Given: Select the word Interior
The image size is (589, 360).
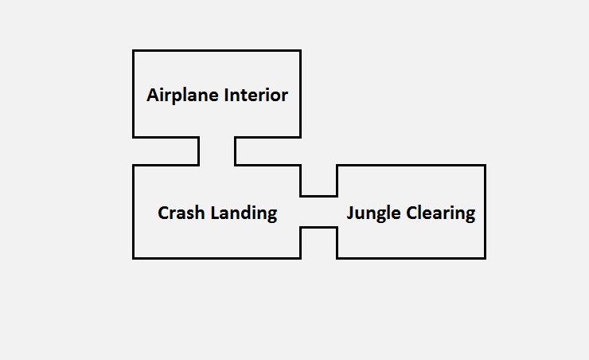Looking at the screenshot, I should (x=255, y=96).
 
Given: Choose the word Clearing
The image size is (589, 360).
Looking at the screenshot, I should (x=441, y=213).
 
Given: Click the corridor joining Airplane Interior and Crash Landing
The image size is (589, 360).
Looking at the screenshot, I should (x=216, y=151).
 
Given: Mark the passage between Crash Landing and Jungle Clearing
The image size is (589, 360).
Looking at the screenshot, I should (x=318, y=211).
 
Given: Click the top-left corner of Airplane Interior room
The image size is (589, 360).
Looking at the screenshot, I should (x=134, y=51).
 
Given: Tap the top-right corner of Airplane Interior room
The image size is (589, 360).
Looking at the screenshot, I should (x=300, y=51).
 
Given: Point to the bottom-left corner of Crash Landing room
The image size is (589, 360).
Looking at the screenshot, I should (x=134, y=257).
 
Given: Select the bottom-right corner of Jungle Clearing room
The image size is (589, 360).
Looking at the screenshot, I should (x=484, y=257).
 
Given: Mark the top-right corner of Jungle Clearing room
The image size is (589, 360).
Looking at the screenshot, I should (x=484, y=166).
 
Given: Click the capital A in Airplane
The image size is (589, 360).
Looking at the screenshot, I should (x=153, y=96).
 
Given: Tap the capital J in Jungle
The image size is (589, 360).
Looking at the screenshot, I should (x=350, y=213).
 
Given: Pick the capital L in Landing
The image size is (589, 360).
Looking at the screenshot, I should (x=213, y=213).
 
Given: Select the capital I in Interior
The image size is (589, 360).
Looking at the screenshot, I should (x=226, y=96).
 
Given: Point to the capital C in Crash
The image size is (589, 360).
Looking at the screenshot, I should (x=163, y=213).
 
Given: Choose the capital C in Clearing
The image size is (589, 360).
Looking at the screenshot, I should (x=412, y=213).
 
